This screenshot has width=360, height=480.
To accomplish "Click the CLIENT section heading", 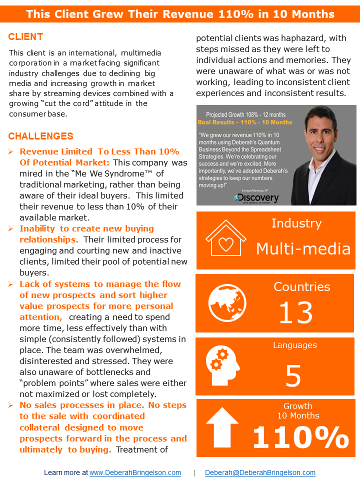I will [25, 37].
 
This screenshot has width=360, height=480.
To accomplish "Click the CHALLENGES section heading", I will [40, 136].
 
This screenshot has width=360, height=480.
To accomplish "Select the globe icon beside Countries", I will [227, 303].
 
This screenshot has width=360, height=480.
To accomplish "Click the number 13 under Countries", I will [295, 313].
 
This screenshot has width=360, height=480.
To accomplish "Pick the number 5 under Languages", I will [293, 375].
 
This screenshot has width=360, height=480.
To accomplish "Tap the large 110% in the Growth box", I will [300, 436].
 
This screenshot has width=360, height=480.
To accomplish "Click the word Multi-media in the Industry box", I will [303, 248].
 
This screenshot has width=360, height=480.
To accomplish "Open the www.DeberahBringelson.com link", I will [135, 472].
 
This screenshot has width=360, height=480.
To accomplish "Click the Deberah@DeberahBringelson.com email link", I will [260, 472].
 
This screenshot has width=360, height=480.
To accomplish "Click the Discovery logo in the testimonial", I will [256, 197].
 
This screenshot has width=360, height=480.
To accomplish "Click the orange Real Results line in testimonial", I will [245, 122].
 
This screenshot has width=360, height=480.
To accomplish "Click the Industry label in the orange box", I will [296, 223].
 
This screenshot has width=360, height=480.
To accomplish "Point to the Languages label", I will [294, 345].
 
